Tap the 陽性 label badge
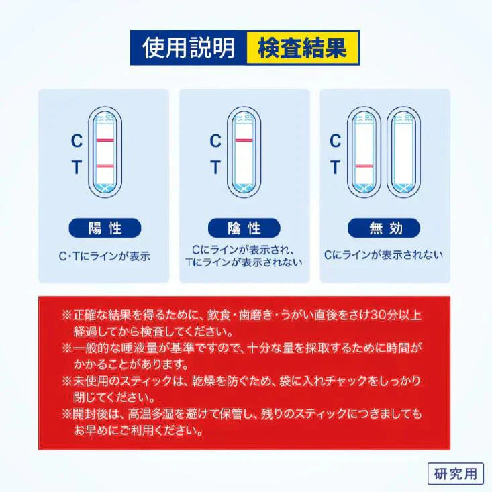pyautogui.click(x=105, y=228)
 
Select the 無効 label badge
pyautogui.click(x=384, y=228)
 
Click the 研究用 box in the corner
pyautogui.click(x=455, y=473)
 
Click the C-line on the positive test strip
pyautogui.click(x=106, y=140)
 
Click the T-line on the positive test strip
pyautogui.click(x=106, y=166)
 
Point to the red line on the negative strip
pyautogui.click(x=244, y=140)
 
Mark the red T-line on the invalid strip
pyautogui.click(x=364, y=166)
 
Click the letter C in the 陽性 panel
pyautogui.click(x=77, y=141)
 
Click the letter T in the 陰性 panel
pyautogui.click(x=215, y=167)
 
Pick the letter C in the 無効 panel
pyautogui.click(x=335, y=141)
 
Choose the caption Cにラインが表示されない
pyautogui.click(x=383, y=255)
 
